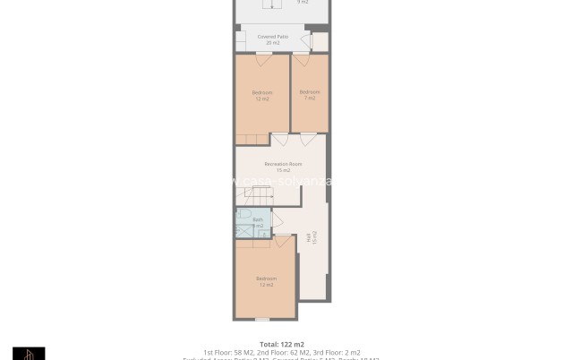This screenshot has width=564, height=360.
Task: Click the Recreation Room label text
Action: pos(283,164)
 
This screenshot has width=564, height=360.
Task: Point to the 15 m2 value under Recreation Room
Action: pos(283,170)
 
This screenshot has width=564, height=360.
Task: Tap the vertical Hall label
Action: pos(311,237)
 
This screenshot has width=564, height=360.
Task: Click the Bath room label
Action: pos(258,219)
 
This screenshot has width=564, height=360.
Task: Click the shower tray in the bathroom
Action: pos(244,231)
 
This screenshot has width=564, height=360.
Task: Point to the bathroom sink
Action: pos(262,233)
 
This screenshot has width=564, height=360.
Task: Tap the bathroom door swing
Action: pos(278,220)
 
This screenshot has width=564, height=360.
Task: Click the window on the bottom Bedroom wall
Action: pos(261,319)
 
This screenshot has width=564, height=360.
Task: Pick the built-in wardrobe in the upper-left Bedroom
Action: pos(252,139)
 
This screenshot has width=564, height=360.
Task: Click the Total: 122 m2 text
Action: pos(282,344)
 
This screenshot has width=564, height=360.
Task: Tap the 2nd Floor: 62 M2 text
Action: pos(282,353)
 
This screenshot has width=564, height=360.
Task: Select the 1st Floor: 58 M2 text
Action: pos(228,353)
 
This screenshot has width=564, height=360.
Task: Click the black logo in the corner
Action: pos(29,353)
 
